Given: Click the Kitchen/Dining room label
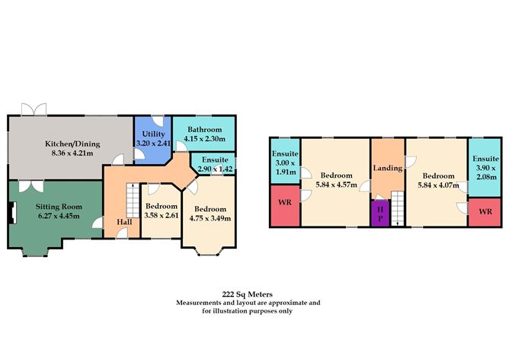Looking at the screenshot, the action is (x=72, y=143).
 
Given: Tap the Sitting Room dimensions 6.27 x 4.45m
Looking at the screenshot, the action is (x=59, y=216).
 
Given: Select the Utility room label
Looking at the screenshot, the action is (x=154, y=134).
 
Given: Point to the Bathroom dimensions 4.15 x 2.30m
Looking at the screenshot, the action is (x=204, y=139).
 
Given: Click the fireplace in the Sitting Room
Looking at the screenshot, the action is (x=12, y=213).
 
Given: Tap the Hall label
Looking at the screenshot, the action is (x=124, y=222).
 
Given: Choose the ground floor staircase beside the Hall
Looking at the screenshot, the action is (x=133, y=201).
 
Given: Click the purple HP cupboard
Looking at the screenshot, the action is (x=380, y=214).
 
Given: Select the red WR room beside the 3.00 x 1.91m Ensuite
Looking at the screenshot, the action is (x=285, y=205).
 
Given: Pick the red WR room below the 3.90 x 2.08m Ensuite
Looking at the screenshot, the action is (x=485, y=212).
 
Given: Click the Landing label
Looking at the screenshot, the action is (x=388, y=168).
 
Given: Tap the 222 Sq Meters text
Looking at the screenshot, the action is (x=248, y=294).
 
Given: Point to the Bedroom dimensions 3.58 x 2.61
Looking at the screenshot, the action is (x=162, y=215).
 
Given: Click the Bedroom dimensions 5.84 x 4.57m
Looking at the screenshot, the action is (x=336, y=185).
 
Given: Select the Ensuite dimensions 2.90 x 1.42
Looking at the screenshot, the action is (x=215, y=169).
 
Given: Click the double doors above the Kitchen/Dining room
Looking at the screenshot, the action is (x=34, y=110).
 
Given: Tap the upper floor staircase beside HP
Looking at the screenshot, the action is (x=398, y=208).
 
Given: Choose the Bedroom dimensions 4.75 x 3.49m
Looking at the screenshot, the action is (x=210, y=218).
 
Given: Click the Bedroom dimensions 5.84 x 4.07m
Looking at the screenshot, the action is (x=438, y=185).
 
